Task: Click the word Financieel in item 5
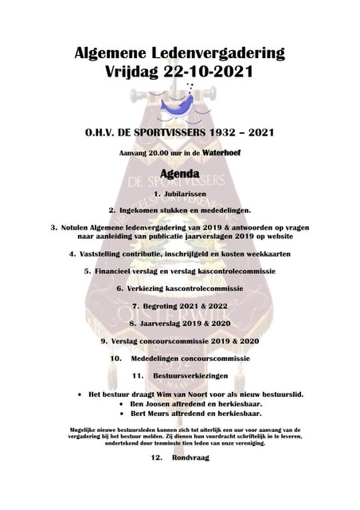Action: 119,271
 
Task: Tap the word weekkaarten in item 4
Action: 265,253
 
